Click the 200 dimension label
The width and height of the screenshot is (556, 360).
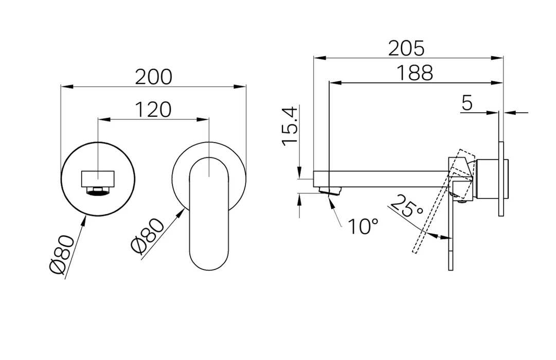[154, 77]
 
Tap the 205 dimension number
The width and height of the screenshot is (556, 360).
[406, 48]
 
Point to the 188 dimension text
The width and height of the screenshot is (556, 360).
[415, 73]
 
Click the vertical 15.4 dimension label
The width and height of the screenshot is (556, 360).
[290, 125]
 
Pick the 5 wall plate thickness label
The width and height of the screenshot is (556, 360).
[468, 103]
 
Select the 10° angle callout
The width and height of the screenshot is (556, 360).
[363, 226]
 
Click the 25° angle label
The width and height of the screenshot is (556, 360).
[407, 206]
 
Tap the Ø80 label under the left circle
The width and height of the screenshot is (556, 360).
[62, 255]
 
